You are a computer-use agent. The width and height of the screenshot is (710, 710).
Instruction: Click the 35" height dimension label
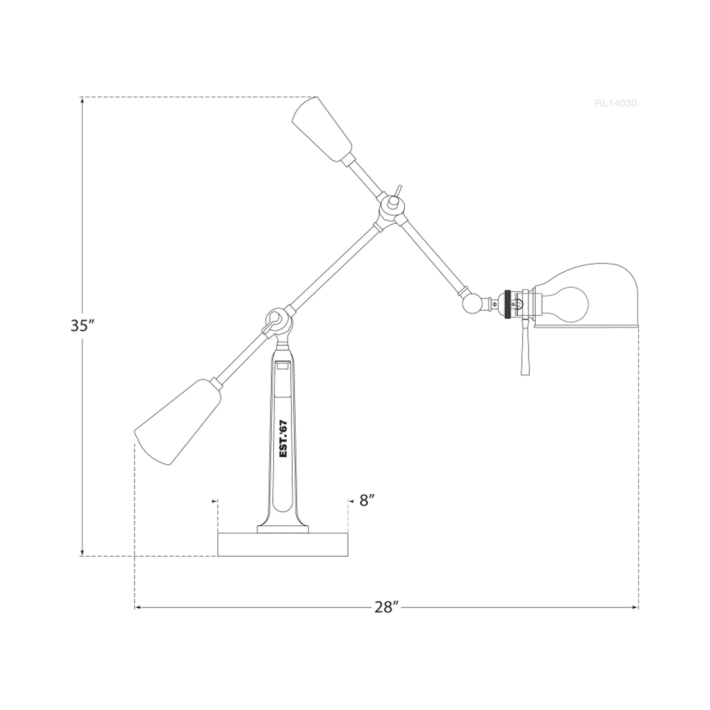[x=83, y=326]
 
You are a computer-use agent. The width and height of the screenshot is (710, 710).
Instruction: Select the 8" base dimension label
[x=367, y=500]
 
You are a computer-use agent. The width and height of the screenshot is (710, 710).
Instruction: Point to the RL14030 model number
[x=616, y=104]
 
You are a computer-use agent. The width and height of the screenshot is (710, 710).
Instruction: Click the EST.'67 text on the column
[x=284, y=439]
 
